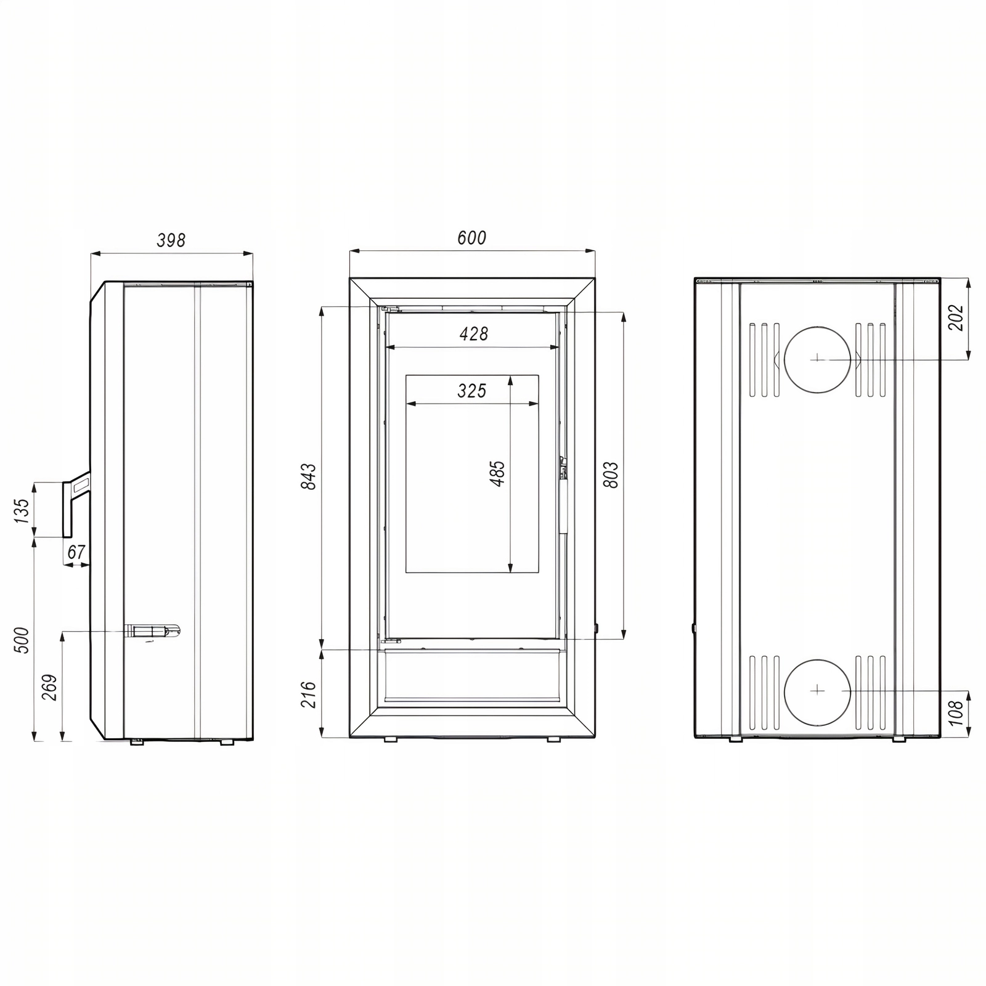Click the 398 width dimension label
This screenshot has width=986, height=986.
[x=171, y=240]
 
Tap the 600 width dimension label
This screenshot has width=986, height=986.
[x=471, y=237]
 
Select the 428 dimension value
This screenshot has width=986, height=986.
[x=474, y=333]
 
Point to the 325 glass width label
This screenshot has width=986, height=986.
[x=471, y=391]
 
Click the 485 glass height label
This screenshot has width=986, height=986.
[x=497, y=473]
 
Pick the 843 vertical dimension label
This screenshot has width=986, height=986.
[x=308, y=476]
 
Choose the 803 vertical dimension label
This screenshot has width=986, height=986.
[x=610, y=475]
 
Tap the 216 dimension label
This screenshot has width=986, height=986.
[x=308, y=695]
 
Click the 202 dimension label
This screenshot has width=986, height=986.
[x=955, y=317]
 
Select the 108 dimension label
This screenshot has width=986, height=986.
[x=955, y=713]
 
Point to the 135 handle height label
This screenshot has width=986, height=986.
[x=21, y=511]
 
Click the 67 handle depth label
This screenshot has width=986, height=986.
[x=76, y=552]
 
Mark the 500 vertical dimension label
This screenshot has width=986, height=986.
[x=21, y=640]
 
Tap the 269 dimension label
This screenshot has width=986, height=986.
[x=49, y=687]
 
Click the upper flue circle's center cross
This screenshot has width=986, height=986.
[x=817, y=358]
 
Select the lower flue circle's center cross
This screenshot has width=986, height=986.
[x=817, y=690]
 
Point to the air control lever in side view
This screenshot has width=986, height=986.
[x=153, y=631]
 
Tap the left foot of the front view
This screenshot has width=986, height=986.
[x=390, y=739]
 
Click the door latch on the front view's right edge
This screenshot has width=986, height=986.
[x=562, y=468]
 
